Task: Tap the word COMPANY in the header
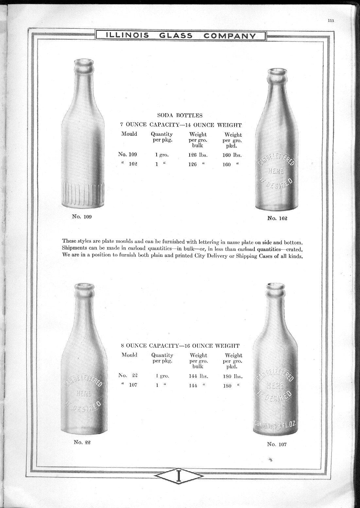coord(231,35)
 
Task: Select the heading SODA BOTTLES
coord(180,115)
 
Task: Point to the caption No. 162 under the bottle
coord(277,218)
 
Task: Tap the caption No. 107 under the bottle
coord(277,444)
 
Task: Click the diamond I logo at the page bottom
coord(179,485)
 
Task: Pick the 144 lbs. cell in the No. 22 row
coord(198,376)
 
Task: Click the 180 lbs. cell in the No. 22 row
coord(232,376)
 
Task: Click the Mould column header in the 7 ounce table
coord(129,134)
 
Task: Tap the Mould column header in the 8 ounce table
coord(129,355)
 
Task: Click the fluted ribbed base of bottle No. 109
coord(83,193)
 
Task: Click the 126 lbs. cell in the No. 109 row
coord(198,155)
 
